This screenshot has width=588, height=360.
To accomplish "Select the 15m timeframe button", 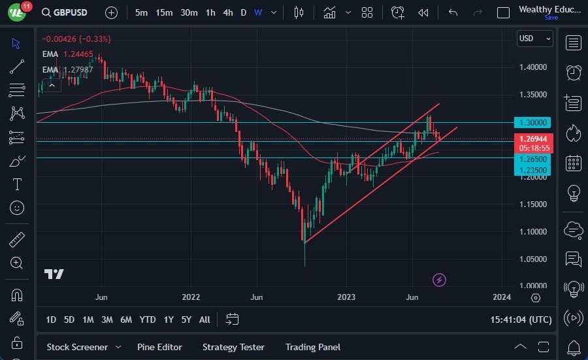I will pos(164,12).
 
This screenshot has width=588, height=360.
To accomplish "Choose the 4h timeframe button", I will pos(227,12).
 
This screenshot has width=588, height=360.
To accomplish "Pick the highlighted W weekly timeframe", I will pos(258,12).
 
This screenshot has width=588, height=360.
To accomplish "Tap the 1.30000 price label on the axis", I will pos(534,122).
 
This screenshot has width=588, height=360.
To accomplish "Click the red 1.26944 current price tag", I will pos(534,139).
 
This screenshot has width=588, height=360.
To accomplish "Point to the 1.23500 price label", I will pos(534,170).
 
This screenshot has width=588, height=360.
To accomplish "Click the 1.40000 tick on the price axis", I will pos(534,67).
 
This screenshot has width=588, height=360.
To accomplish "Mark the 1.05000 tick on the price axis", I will pos(534,259).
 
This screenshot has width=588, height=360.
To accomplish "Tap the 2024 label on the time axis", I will pos(501,297).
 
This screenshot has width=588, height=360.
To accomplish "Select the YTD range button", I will pos(148,319).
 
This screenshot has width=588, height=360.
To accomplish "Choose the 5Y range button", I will pos(186,319).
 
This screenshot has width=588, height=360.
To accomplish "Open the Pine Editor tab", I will pos(159,347).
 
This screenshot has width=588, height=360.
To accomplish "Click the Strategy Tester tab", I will pos(233,347).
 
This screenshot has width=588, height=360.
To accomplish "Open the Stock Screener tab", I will pos(76,347).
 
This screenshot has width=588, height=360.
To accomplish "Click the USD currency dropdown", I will pos(534,39).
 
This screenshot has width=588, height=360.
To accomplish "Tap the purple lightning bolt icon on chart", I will pos(440,280).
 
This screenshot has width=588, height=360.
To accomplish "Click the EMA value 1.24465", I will pos(78,54).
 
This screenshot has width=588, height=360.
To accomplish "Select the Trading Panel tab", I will pos(312,347).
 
